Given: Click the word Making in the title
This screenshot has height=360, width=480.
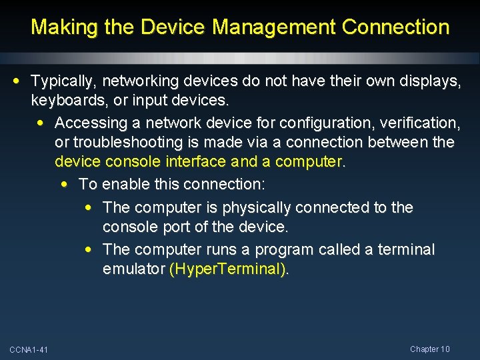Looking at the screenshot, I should pos(59,27).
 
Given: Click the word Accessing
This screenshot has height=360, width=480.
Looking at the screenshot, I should pos(91,123).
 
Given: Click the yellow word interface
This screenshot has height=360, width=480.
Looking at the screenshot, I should pos(194,162).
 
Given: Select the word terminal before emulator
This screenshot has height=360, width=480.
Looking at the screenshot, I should pos(406,250).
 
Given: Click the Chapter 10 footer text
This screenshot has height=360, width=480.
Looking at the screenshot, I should pos(430,349).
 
